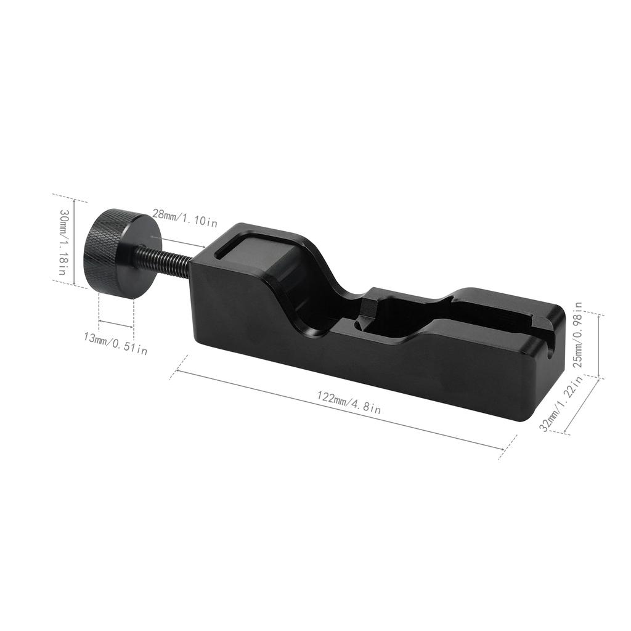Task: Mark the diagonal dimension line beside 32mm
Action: click(581, 407)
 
